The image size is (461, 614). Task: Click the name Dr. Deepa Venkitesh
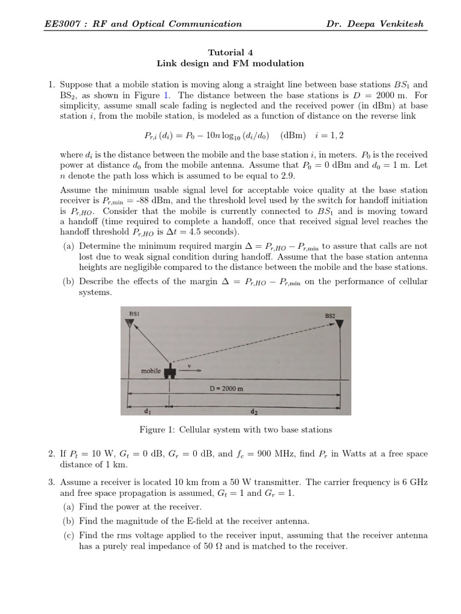tap(374, 25)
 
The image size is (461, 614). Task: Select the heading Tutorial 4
tap(230, 52)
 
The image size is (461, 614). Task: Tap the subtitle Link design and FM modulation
tap(230, 63)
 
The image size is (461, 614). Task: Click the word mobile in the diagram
tap(151, 371)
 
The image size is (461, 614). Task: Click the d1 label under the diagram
tap(147, 412)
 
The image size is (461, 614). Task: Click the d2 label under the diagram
tap(254, 413)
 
